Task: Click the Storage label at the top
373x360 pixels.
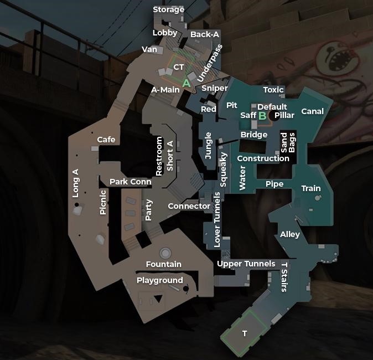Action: [x=169, y=9]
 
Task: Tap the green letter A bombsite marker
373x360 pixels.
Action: [x=186, y=83]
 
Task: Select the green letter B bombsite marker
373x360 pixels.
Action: [x=262, y=116]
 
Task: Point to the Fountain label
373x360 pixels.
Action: [x=163, y=264]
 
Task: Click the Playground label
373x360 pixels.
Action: [x=159, y=280]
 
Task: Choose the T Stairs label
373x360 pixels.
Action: [x=284, y=276]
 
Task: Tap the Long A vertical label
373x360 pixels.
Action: [x=76, y=183]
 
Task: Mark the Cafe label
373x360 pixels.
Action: [x=106, y=140]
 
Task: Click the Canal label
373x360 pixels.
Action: [x=312, y=111]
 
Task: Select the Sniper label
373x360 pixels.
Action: [x=214, y=88]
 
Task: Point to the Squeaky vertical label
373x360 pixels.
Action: [x=224, y=169]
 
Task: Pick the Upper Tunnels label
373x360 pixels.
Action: [x=246, y=264]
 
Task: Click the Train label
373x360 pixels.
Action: [x=310, y=188]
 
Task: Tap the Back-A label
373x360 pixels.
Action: [x=204, y=34]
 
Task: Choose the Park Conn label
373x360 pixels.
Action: [x=130, y=182]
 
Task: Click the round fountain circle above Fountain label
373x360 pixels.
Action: [x=165, y=253]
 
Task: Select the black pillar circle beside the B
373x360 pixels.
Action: [x=273, y=116]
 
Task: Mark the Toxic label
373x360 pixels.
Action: [x=273, y=90]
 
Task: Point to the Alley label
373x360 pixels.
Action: [x=289, y=234]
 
